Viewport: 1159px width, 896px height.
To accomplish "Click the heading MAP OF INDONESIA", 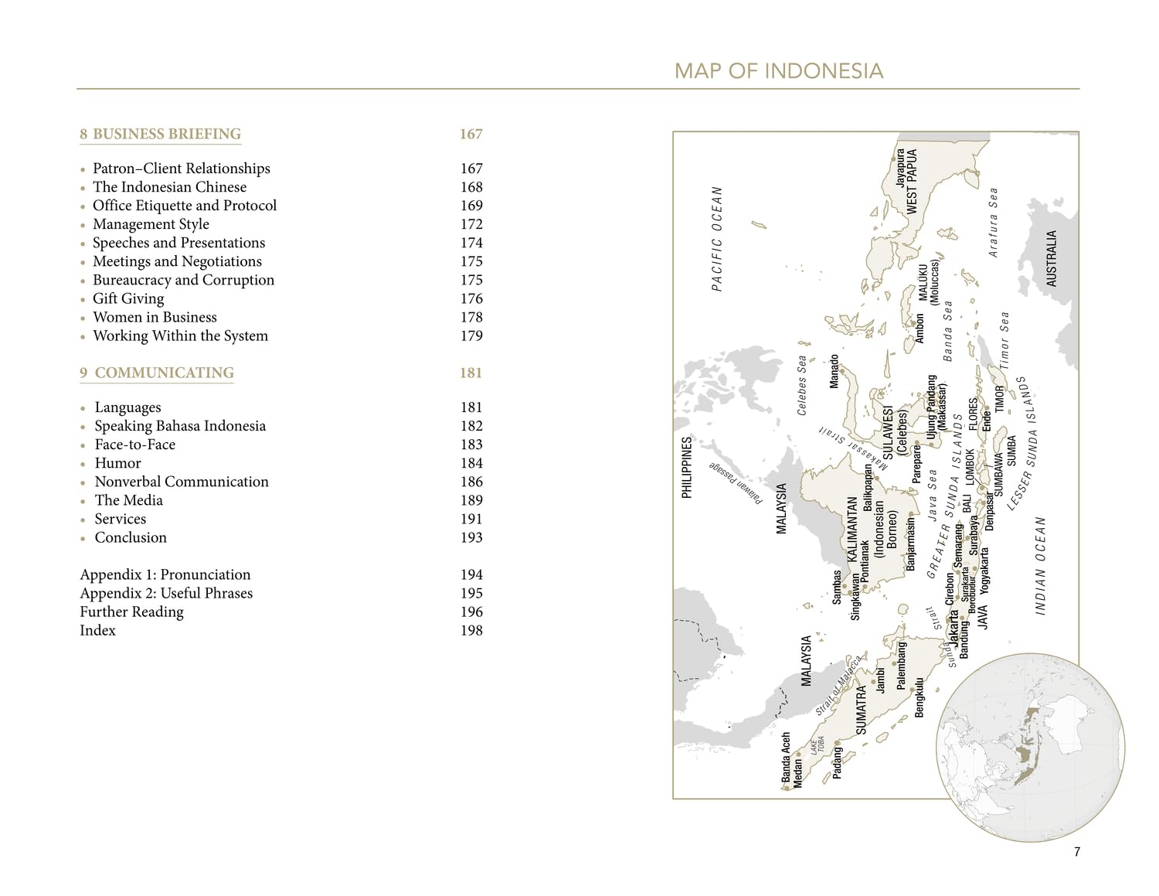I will point(778,71).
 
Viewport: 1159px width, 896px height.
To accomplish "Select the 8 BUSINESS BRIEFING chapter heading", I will point(161,134).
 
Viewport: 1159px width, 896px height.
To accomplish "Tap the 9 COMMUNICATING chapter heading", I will point(157,373).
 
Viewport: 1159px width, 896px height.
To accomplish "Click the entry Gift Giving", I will point(128,298).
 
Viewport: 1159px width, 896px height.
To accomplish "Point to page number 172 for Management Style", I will point(471,224).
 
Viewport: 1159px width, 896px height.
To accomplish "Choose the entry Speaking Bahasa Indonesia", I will point(180,426).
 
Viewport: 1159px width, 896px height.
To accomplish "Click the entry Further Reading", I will point(132,612).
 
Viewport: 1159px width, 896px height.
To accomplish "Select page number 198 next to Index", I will point(471,630).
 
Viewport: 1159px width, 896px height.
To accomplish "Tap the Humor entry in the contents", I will point(117,463).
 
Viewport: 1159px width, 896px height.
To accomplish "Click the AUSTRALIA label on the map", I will point(1051,258).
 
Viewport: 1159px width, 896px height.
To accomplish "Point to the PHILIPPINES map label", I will point(686,467).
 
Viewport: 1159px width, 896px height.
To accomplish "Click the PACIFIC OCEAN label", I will point(717,238).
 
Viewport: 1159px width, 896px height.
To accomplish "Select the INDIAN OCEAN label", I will point(1040,566).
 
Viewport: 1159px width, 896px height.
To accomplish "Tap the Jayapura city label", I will point(900,168).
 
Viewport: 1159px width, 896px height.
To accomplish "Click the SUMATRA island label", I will point(862,710).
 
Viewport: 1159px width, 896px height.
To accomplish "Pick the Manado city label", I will point(834,371).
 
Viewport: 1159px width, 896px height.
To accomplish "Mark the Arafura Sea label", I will point(994,222).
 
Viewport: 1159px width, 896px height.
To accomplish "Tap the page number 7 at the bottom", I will point(1077,852).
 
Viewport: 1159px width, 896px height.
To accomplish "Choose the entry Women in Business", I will point(155,317).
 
